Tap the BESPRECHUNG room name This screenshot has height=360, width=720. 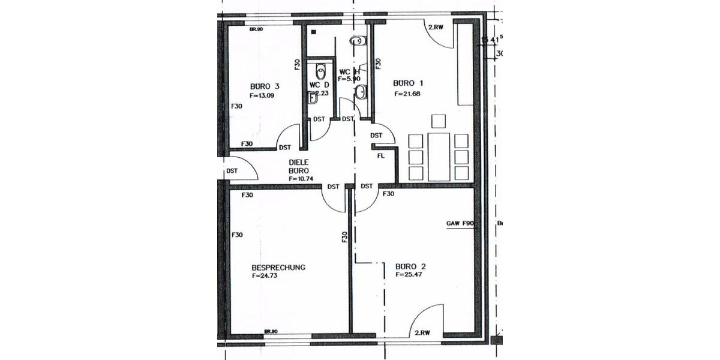click(278, 268)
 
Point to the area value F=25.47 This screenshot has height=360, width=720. click(410, 274)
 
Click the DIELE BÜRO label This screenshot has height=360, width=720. click(299, 166)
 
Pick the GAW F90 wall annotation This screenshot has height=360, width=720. click(460, 223)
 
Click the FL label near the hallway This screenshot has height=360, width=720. click(381, 156)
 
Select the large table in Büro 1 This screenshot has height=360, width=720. click(440, 157)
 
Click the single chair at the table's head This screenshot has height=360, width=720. click(440, 121)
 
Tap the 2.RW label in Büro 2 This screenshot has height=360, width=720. click(421, 332)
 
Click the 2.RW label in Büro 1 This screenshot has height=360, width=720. click(436, 27)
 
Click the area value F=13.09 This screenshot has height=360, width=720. click(262, 95)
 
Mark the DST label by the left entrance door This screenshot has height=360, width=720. click(232, 171)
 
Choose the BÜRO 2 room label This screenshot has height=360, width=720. click(410, 266)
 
